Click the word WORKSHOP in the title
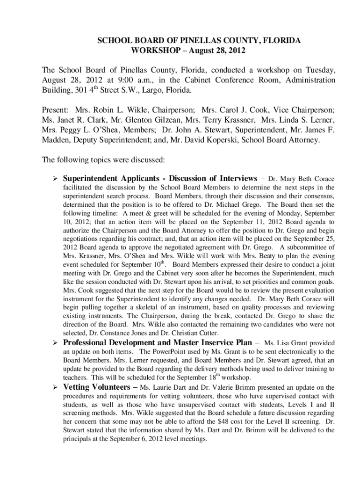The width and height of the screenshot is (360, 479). [152, 50]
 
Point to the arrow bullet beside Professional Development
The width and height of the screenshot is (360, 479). [54, 343]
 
